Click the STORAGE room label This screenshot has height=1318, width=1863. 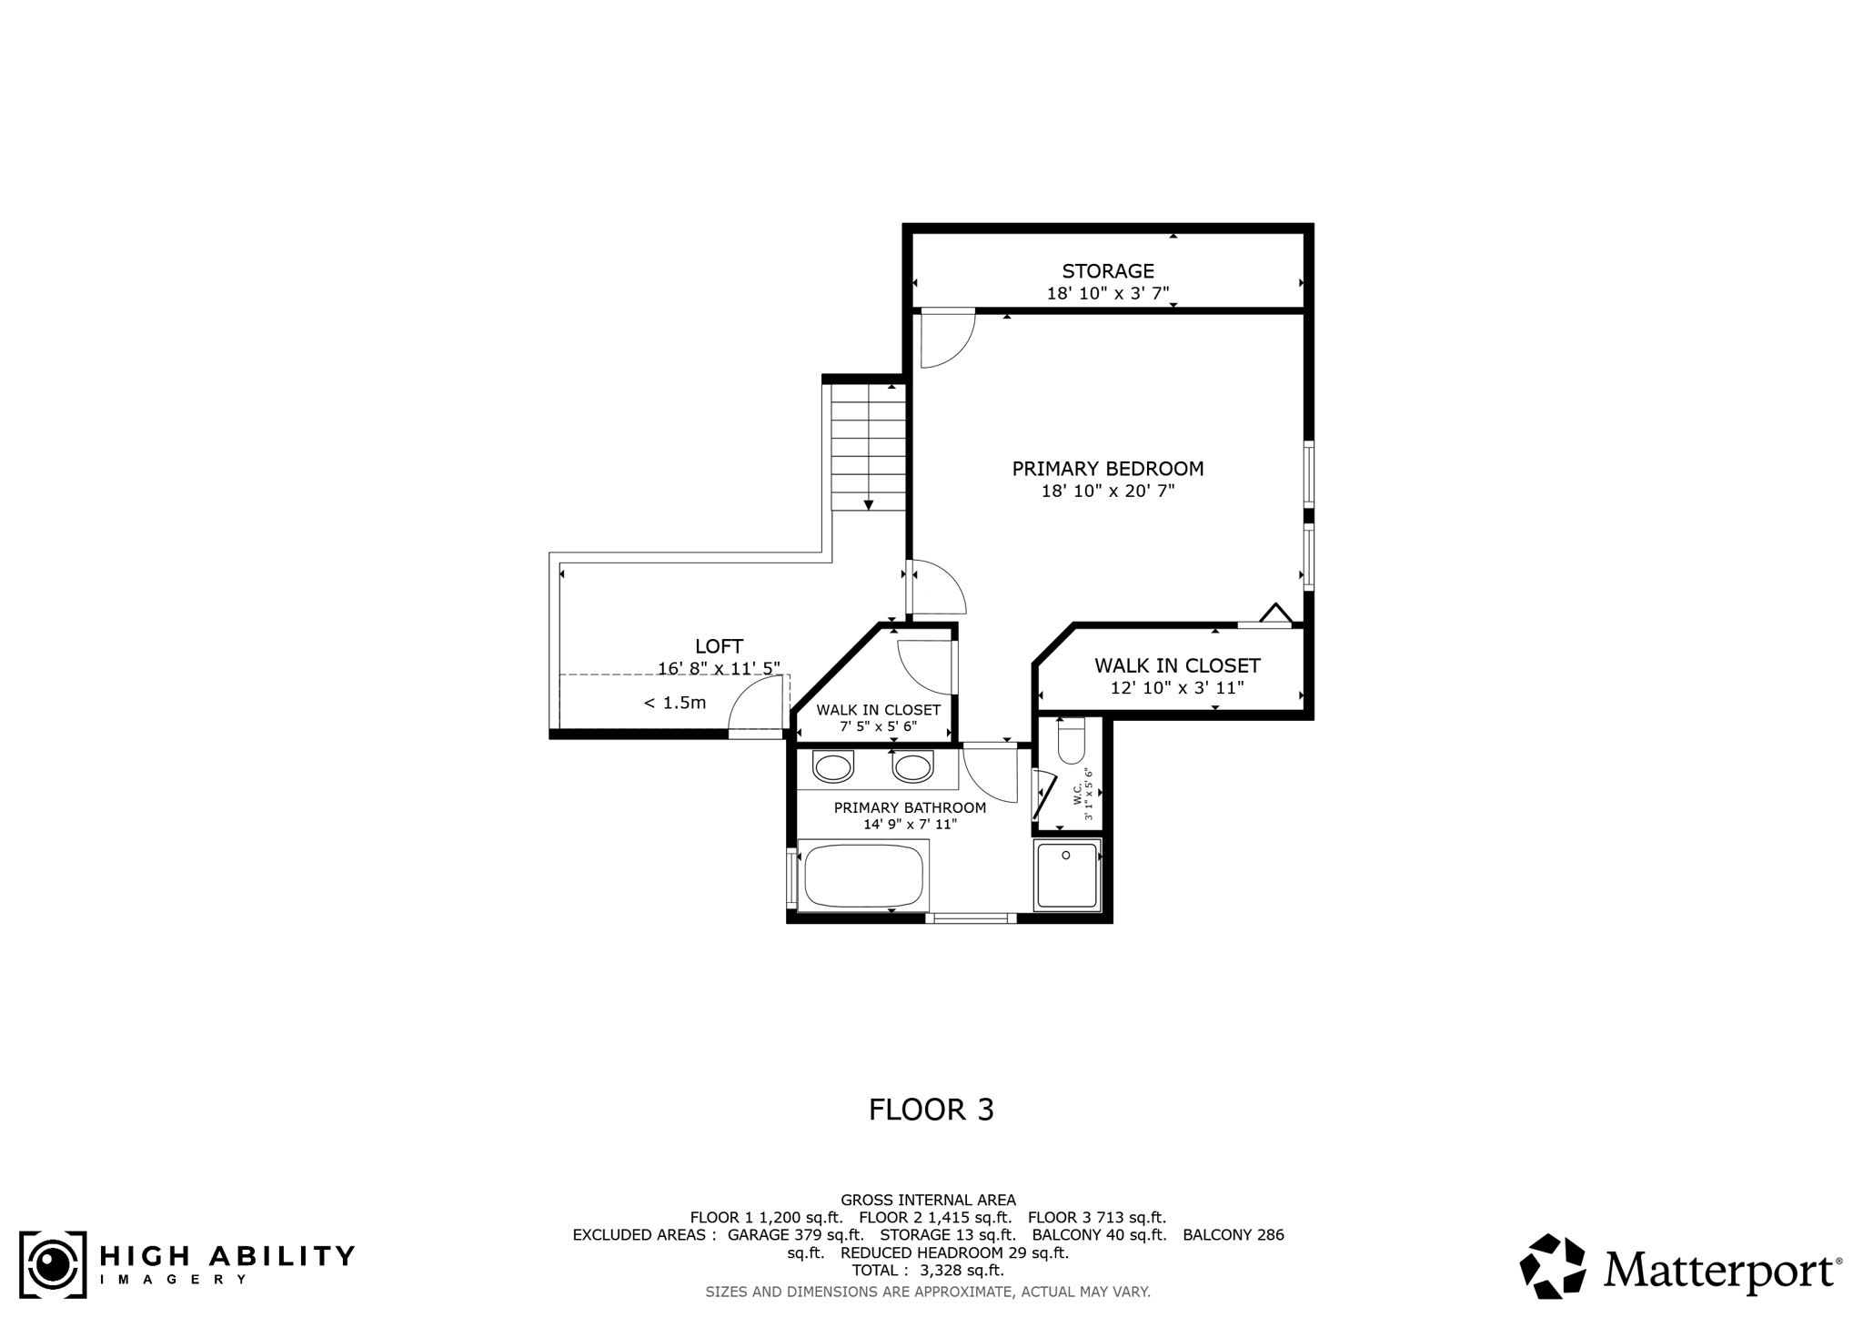1107,271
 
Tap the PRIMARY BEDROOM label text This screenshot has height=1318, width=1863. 1107,469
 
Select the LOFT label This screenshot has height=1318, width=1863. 719,646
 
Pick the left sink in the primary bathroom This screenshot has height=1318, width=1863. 832,766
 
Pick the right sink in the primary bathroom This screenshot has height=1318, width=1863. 912,766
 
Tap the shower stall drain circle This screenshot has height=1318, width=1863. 1065,856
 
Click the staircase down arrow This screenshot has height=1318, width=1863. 869,504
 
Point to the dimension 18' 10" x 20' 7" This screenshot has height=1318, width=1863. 1107,492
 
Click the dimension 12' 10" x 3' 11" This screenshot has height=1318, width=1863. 1176,688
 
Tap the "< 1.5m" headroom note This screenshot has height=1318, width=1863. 675,703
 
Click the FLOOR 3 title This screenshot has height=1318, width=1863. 931,1110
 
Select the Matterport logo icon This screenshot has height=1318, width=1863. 1553,1265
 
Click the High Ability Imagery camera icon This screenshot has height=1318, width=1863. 53,1264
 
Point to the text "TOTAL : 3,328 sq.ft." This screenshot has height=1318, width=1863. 928,1270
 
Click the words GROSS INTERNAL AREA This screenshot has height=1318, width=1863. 928,1200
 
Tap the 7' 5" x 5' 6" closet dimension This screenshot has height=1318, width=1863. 878,726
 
